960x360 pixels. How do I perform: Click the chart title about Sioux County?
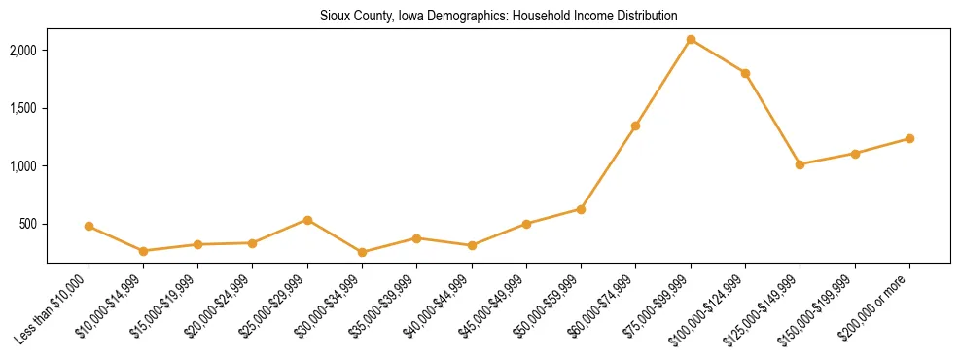click(498, 16)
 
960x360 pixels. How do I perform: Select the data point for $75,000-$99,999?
click(691, 39)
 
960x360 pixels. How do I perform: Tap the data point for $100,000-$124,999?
click(745, 73)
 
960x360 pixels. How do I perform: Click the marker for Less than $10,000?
click(89, 226)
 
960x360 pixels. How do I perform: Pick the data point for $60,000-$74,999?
click(635, 126)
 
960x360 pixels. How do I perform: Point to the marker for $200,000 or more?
click(909, 138)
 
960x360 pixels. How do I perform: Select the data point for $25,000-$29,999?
click(307, 220)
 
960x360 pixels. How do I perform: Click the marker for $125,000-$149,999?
click(800, 164)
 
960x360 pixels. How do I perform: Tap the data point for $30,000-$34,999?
click(362, 252)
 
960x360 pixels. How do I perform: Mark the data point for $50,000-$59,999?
click(581, 209)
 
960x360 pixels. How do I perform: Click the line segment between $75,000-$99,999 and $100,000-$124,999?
click(718, 56)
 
